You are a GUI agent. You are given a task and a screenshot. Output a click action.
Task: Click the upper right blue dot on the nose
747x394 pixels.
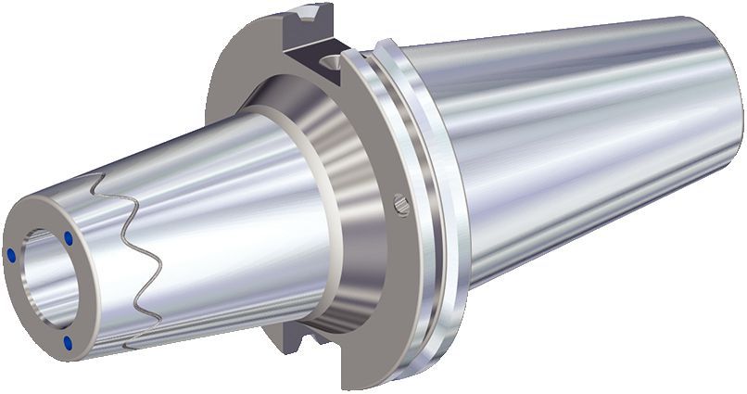coord(69,238)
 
